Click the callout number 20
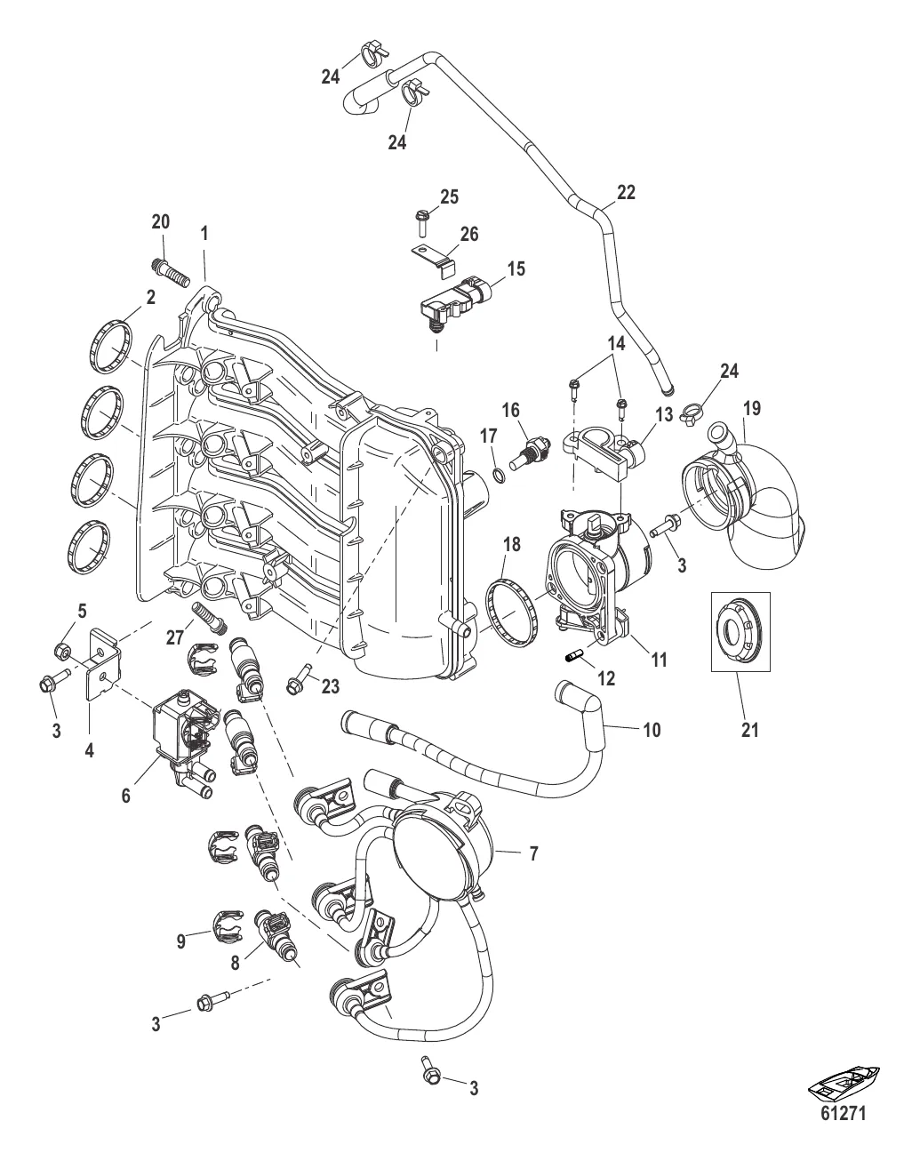pos(160,221)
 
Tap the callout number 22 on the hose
pos(626,193)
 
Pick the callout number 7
pos(533,854)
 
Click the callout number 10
pos(652,731)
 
